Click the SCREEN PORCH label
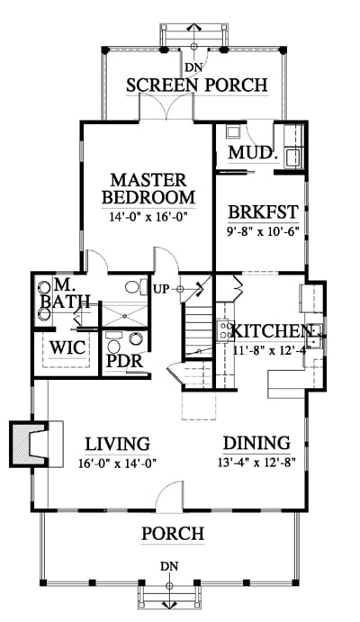(197, 85)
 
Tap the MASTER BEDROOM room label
(148, 188)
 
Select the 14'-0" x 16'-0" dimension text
(148, 217)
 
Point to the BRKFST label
(263, 212)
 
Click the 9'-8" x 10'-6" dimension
(262, 230)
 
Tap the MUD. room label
(252, 153)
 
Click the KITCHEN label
(271, 331)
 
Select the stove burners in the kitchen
(223, 329)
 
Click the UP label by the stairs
(161, 288)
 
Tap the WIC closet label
(67, 347)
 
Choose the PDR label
(125, 361)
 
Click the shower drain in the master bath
(125, 316)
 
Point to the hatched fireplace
(28, 443)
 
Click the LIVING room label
(118, 445)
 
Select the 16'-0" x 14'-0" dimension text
(117, 463)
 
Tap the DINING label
(256, 443)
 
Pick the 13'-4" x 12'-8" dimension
(256, 462)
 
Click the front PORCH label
(173, 534)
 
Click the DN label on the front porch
(169, 566)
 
